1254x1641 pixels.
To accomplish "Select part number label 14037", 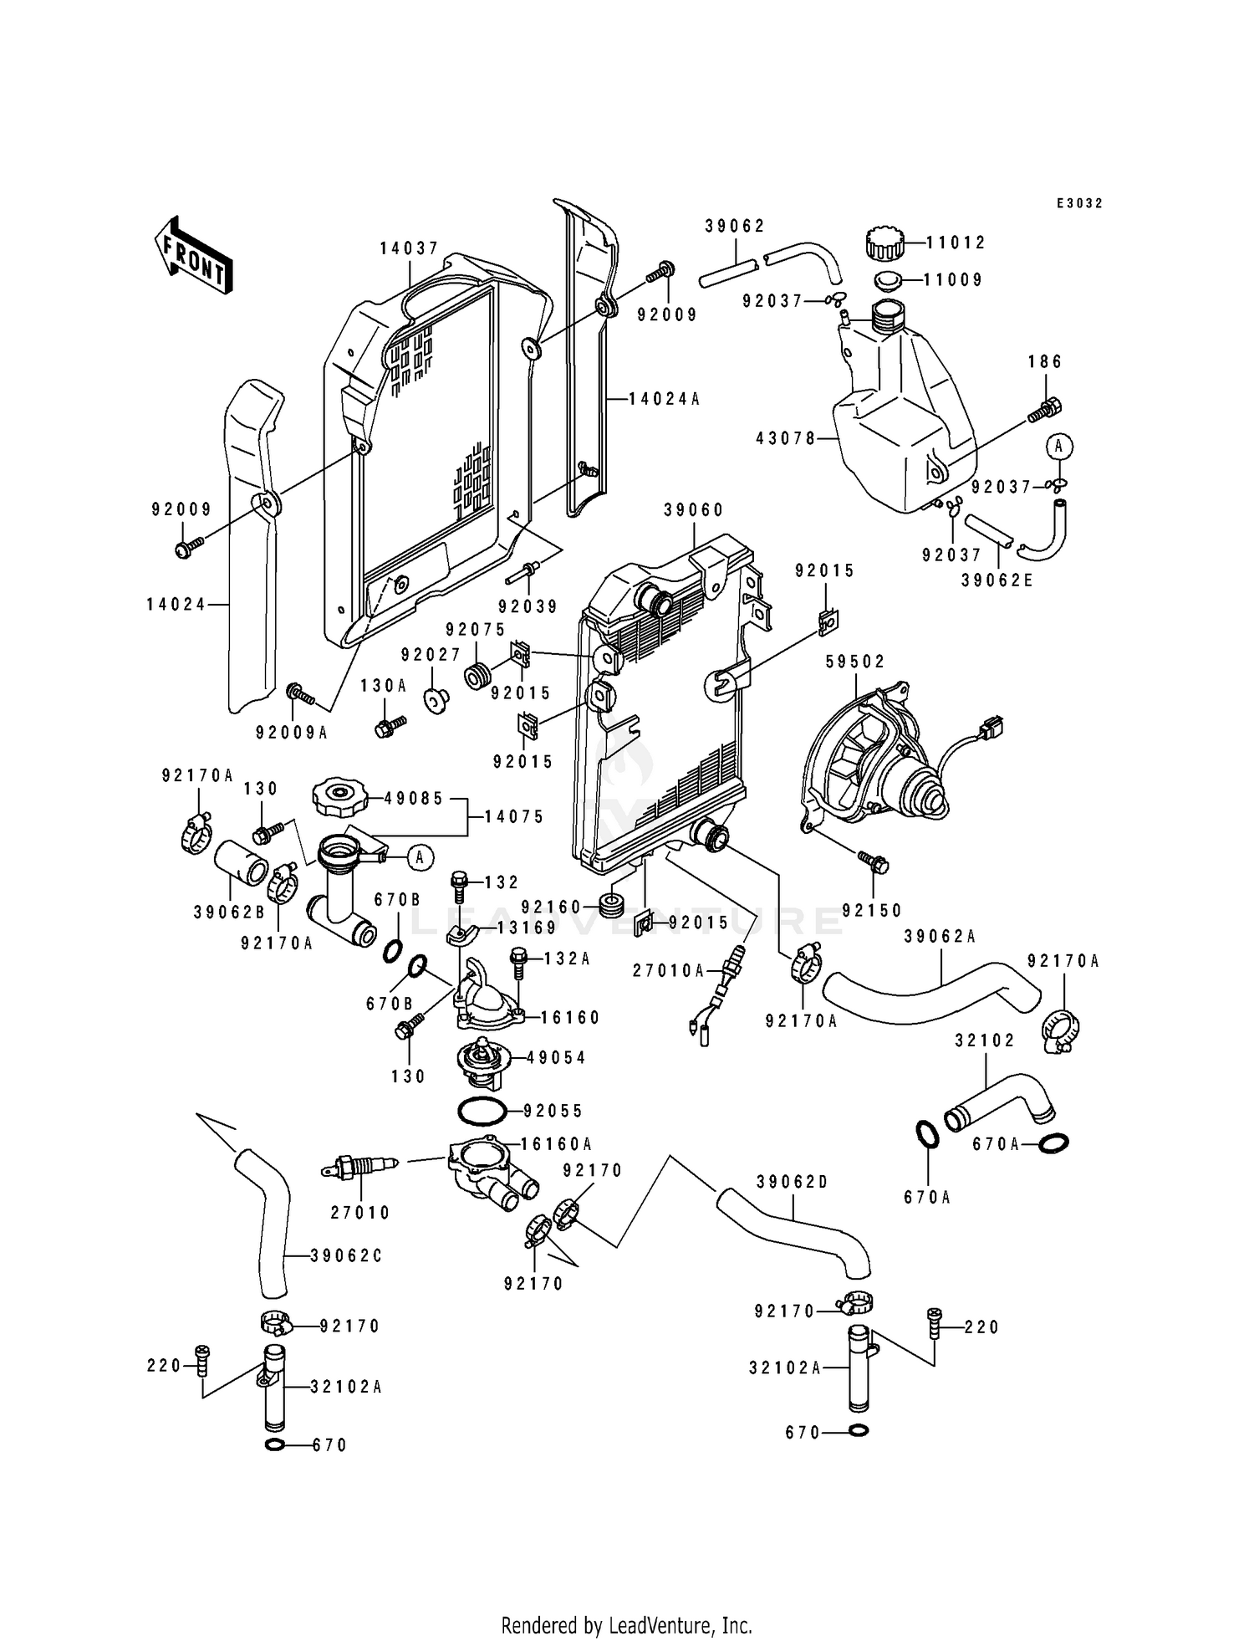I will pos(409,248).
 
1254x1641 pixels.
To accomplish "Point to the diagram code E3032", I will pos(1078,203).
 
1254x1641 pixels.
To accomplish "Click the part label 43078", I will pos(785,437).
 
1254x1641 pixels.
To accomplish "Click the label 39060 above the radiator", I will pos(694,510).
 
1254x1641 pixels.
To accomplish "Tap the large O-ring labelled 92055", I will pos(482,1112).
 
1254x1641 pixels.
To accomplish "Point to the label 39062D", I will pos(792,1182).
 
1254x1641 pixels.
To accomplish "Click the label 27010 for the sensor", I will pos(359,1213).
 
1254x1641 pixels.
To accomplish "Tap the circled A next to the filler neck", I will pos(421,856).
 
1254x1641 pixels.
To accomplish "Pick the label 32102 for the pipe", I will pos(985,1040).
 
